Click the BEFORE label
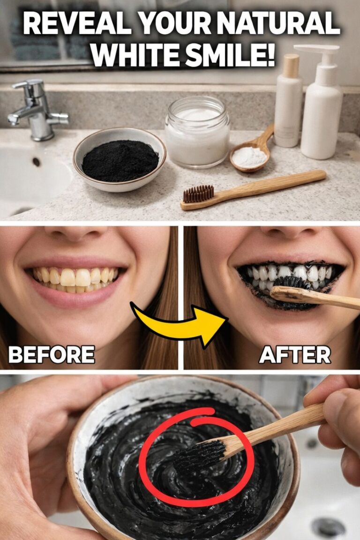(52, 354)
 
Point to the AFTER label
(295, 355)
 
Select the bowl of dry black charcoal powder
(119, 159)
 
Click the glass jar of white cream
(197, 132)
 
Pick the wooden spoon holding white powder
(254, 151)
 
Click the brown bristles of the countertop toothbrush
(198, 194)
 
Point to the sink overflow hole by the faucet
(36, 162)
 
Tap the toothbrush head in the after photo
(293, 284)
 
